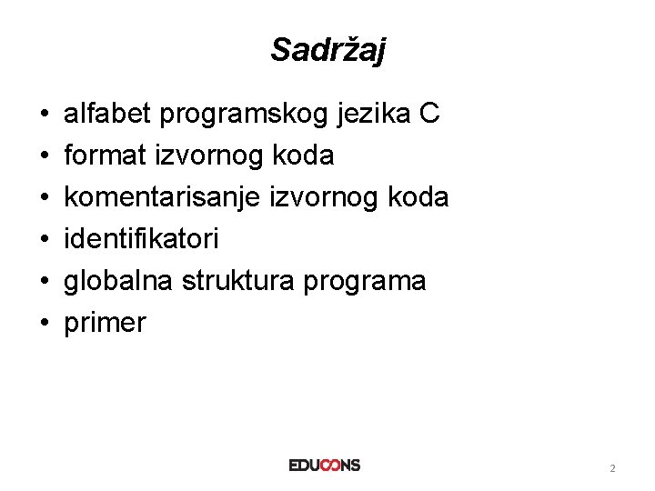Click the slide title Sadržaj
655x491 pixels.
pyautogui.click(x=327, y=50)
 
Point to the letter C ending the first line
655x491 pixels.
pyautogui.click(x=430, y=115)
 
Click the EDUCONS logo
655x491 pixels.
pyautogui.click(x=325, y=465)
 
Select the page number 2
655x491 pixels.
pyautogui.click(x=612, y=468)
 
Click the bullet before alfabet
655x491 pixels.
pyautogui.click(x=44, y=116)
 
